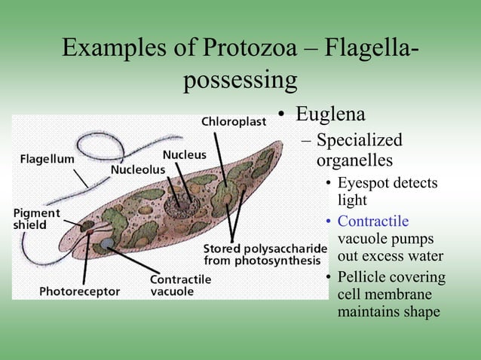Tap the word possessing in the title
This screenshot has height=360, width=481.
[x=240, y=79]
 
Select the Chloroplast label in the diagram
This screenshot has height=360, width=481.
[x=234, y=122]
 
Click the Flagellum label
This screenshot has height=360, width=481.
[x=47, y=159]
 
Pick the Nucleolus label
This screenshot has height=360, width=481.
[x=137, y=169]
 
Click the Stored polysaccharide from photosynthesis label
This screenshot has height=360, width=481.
[x=265, y=255]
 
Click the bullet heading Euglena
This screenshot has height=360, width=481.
[x=330, y=115]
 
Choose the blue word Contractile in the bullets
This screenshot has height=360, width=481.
[x=373, y=221]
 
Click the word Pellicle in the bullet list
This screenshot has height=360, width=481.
[x=363, y=277]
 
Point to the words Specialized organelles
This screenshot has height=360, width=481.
[x=359, y=150]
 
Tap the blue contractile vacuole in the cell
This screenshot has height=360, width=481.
[x=106, y=243]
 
